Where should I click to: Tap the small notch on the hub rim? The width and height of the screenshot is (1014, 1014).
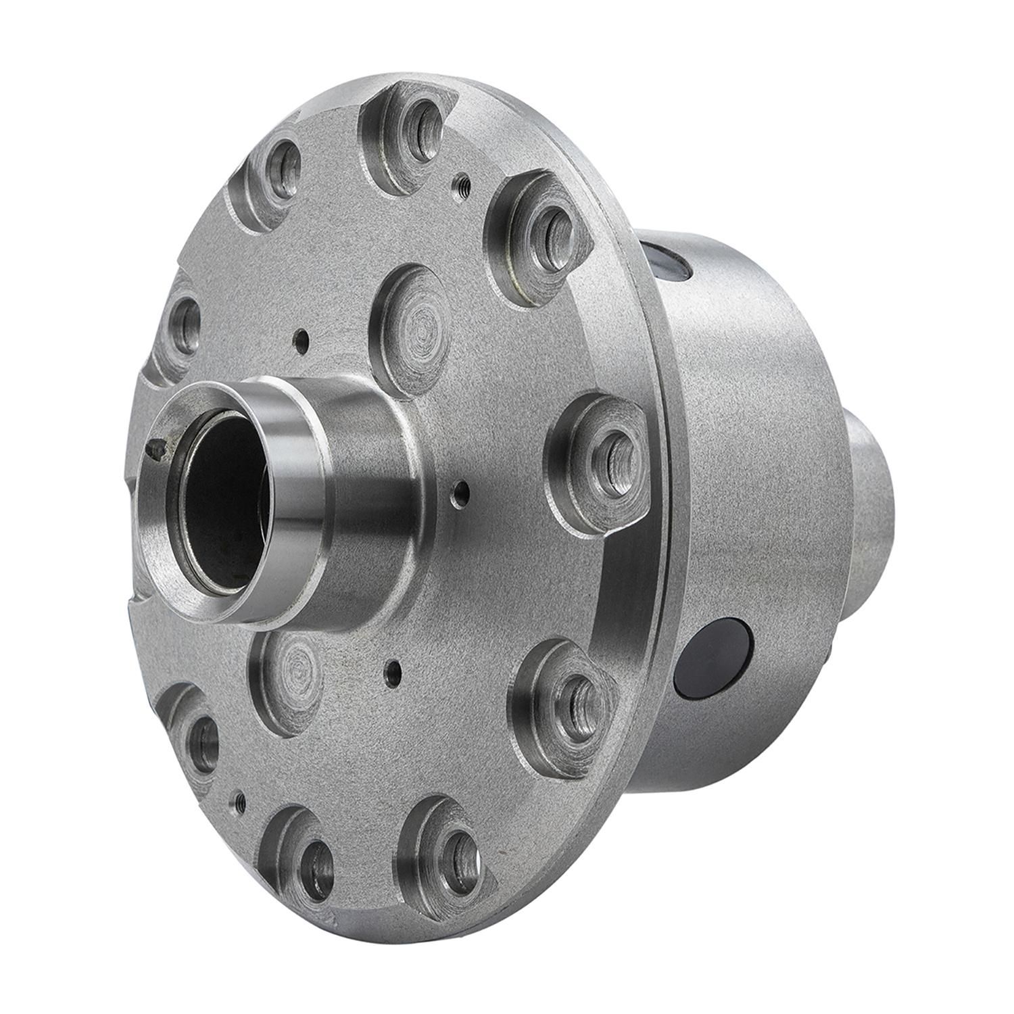coord(157,446)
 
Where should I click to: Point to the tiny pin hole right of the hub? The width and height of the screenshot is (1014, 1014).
coord(461,487)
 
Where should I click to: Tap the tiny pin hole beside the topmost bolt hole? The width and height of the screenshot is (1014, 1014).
coord(462,180)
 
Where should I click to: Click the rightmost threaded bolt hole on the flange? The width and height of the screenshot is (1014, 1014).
coord(612,450)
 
